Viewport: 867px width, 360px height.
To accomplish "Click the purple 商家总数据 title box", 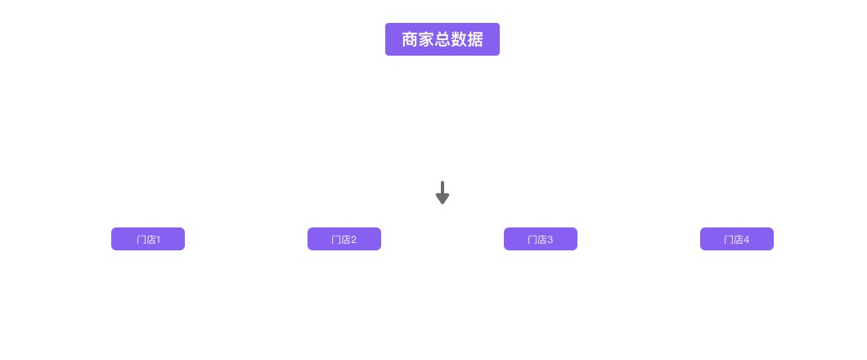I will pos(442,39).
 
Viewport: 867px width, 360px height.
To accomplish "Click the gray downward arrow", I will pos(442,193).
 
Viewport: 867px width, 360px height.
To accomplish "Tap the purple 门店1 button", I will pos(148,239).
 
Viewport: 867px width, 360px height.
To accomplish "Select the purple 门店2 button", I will pos(344,239).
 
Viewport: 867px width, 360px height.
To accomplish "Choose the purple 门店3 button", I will pos(541,239).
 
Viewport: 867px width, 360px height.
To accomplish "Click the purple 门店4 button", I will pos(737,239).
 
